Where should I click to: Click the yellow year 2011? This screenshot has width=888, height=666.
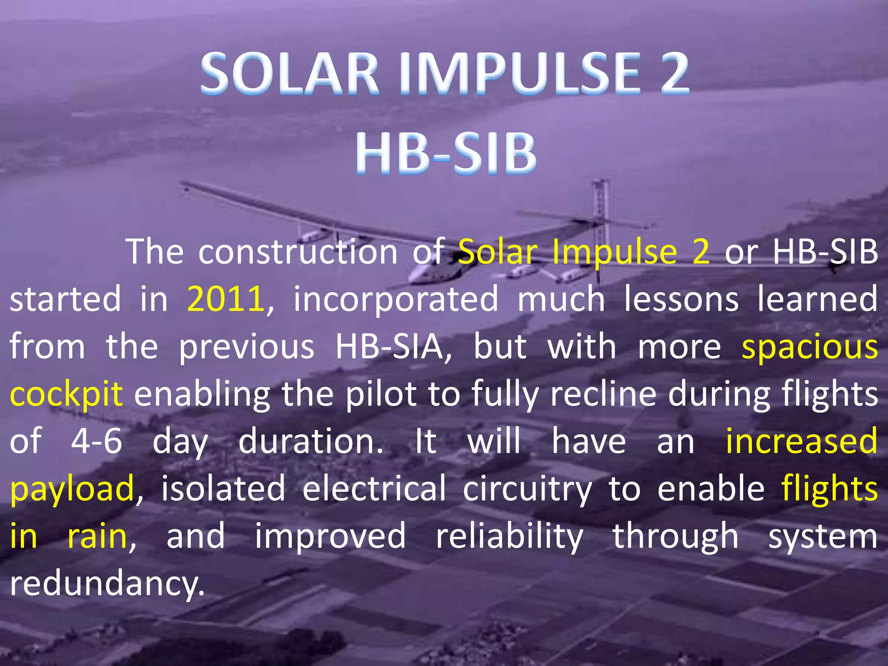225,299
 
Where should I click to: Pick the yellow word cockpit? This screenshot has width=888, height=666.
66,394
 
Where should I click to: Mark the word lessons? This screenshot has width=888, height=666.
681,299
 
